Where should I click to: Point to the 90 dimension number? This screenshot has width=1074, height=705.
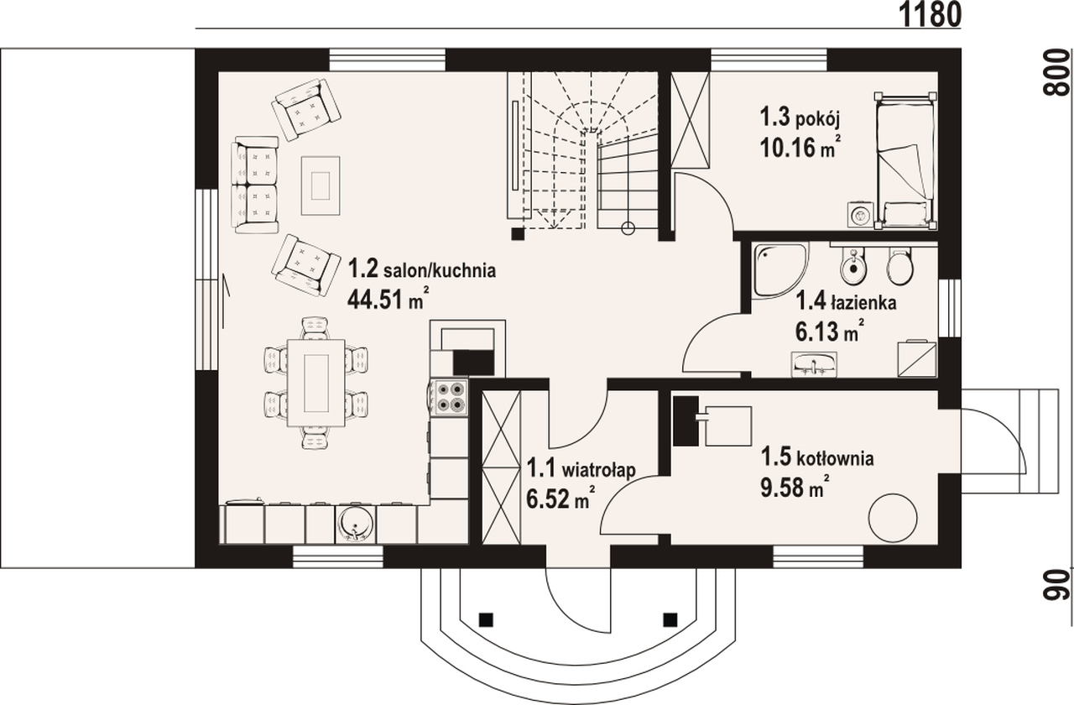click(1056, 585)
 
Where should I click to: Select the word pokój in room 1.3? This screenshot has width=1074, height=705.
click(818, 122)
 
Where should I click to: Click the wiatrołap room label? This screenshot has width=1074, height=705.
click(598, 469)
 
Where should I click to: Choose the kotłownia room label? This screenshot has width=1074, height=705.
click(835, 458)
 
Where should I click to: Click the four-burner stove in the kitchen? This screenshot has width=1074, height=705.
click(450, 398)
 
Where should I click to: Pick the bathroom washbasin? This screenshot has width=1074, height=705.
click(814, 364)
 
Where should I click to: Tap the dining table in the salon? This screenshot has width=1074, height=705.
click(316, 383)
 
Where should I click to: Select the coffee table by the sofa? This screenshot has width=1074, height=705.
click(321, 185)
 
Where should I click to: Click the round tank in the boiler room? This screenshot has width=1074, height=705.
click(893, 518)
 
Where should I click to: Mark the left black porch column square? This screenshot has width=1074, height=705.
click(486, 619)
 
